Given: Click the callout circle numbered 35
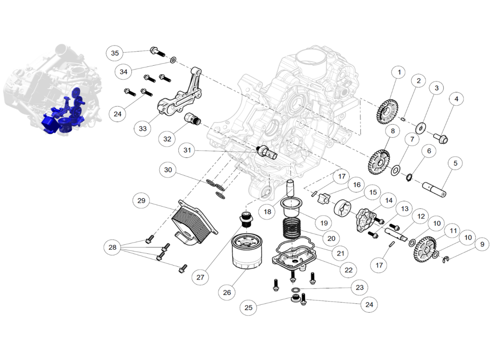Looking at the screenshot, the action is point(115,53).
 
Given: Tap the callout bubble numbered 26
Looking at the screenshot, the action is point(227,292).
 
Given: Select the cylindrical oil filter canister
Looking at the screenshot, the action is point(247,252).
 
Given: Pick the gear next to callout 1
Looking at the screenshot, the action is point(387,112).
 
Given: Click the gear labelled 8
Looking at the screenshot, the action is point(378,162).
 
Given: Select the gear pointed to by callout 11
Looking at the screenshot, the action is point(425,249).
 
